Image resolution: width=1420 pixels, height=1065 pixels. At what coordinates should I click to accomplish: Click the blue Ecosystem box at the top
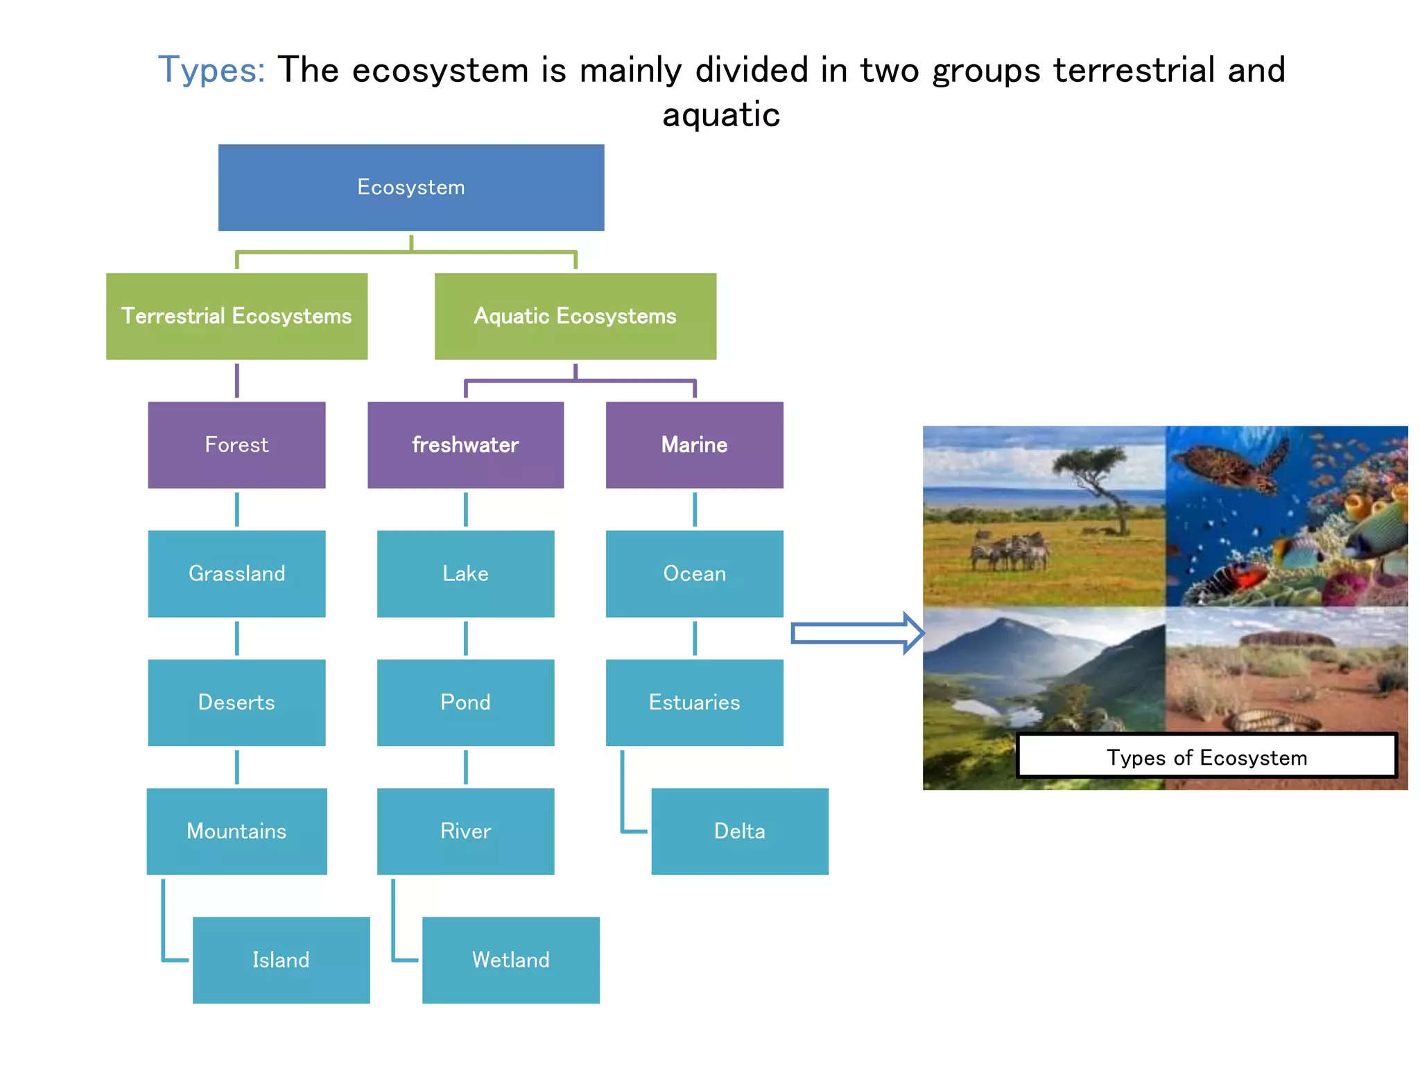pos(411,187)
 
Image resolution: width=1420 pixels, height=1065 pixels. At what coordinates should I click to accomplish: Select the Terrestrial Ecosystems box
pos(236,316)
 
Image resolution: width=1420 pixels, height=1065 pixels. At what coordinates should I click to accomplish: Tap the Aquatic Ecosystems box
pos(575,316)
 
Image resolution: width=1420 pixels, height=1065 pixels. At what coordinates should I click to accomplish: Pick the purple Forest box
pos(236,444)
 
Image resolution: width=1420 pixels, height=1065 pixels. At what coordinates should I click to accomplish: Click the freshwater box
pos(465,444)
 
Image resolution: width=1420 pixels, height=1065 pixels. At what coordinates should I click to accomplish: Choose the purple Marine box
pos(694,444)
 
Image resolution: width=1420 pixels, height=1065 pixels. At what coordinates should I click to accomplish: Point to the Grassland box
pos(236,573)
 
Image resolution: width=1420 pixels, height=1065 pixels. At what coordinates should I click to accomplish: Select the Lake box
pos(465,573)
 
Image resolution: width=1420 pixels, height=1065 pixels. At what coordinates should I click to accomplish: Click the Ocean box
pos(694,573)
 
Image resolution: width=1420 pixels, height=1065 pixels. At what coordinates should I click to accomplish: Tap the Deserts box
pos(236,702)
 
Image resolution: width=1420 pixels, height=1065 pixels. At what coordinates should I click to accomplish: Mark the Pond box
pos(465,702)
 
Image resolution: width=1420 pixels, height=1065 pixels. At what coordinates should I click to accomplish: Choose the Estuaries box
pos(694,702)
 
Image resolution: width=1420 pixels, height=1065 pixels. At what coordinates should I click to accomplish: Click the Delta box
pos(740,831)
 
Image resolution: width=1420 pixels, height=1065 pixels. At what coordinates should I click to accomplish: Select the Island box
pos(281,960)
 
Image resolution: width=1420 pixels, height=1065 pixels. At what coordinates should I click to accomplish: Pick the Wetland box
pos(511,960)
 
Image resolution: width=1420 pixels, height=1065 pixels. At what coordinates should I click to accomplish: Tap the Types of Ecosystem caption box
pos(1206,756)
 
